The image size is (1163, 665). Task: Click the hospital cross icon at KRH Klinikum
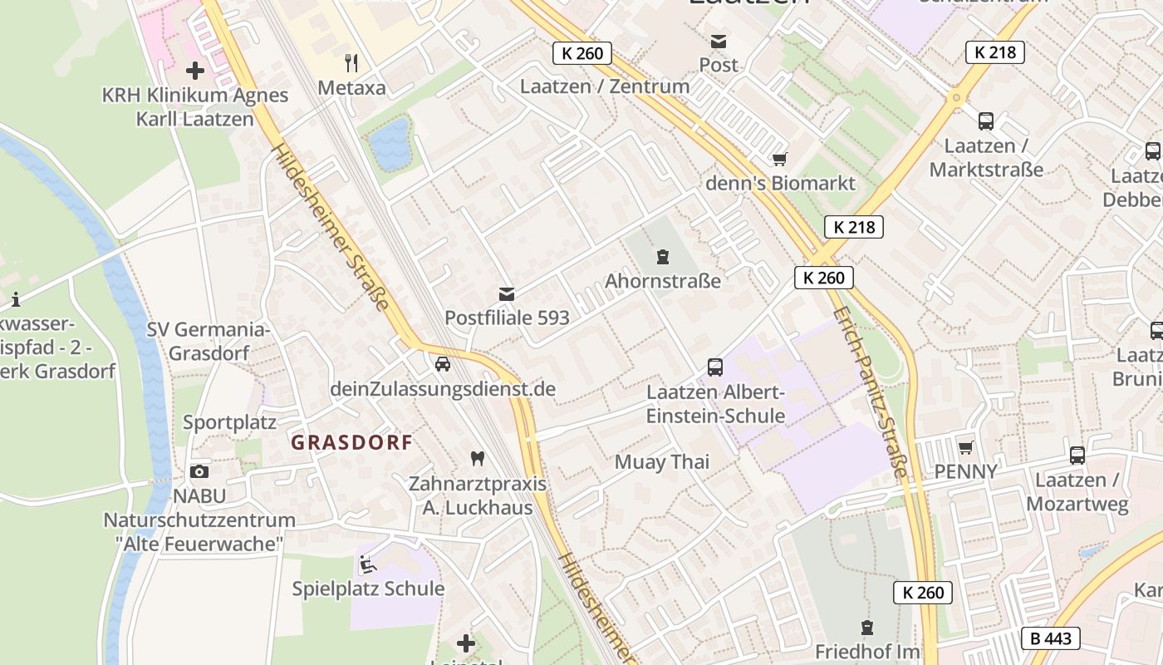195,71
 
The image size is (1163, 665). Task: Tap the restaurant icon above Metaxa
351,62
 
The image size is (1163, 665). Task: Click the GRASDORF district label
351,442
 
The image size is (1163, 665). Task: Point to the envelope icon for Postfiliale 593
506,293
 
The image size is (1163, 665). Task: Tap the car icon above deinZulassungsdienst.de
443,364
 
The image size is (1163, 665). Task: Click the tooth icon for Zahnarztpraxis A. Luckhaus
477,458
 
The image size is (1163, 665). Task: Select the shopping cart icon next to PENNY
965,447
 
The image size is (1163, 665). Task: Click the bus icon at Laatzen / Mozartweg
1077,455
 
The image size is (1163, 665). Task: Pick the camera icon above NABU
199,471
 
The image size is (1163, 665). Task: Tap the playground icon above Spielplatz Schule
367,564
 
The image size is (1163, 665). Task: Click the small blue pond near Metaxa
390,143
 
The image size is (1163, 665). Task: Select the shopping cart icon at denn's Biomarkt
779,159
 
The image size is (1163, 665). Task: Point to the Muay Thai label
662,462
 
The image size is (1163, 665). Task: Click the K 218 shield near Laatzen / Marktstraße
994,52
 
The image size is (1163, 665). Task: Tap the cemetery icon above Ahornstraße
662,256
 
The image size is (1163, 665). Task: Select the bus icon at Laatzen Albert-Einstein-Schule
714,367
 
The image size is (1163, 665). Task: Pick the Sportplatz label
229,422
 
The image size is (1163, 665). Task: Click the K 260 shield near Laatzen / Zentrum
581,53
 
